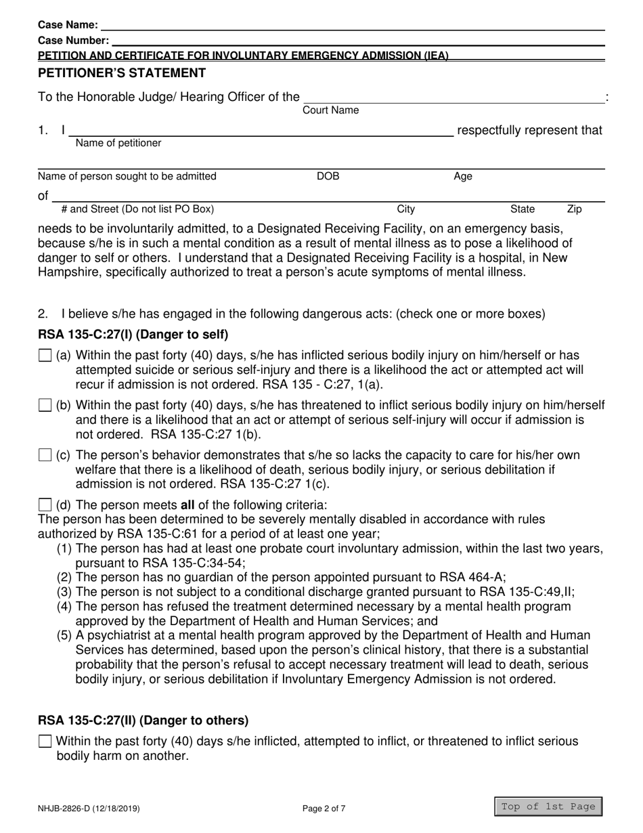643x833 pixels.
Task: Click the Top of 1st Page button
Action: click(x=548, y=806)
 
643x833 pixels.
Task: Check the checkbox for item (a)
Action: click(x=45, y=356)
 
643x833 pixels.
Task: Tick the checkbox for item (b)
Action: click(x=45, y=406)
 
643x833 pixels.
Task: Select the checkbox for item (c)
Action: click(x=45, y=456)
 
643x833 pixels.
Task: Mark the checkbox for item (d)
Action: click(x=45, y=505)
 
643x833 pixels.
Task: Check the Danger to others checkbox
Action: click(x=45, y=742)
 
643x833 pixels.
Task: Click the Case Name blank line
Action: click(x=352, y=25)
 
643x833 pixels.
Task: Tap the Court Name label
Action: click(x=330, y=110)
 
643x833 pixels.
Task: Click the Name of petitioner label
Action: click(x=118, y=143)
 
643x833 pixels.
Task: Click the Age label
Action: click(x=463, y=177)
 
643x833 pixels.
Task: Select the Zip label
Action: click(x=574, y=210)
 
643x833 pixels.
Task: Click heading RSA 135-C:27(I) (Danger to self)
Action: click(x=133, y=335)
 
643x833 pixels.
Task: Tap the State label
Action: click(x=522, y=210)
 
